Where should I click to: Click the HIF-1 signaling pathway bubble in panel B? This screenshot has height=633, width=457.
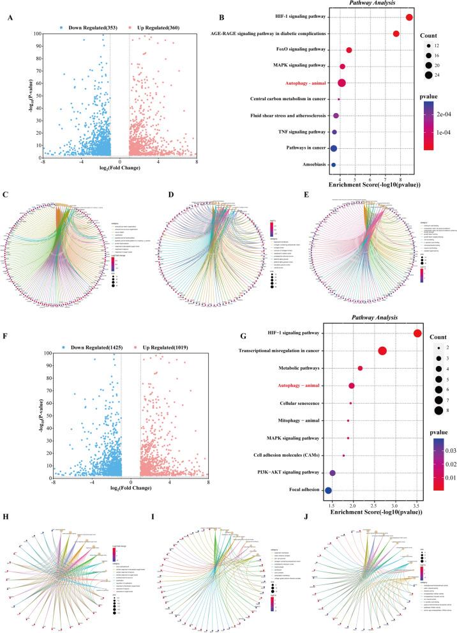point(409,17)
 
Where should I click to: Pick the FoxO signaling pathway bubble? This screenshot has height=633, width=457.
point(349,50)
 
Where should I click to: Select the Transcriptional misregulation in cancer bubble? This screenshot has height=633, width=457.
point(382,351)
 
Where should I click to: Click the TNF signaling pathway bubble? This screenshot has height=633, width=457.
point(334,132)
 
